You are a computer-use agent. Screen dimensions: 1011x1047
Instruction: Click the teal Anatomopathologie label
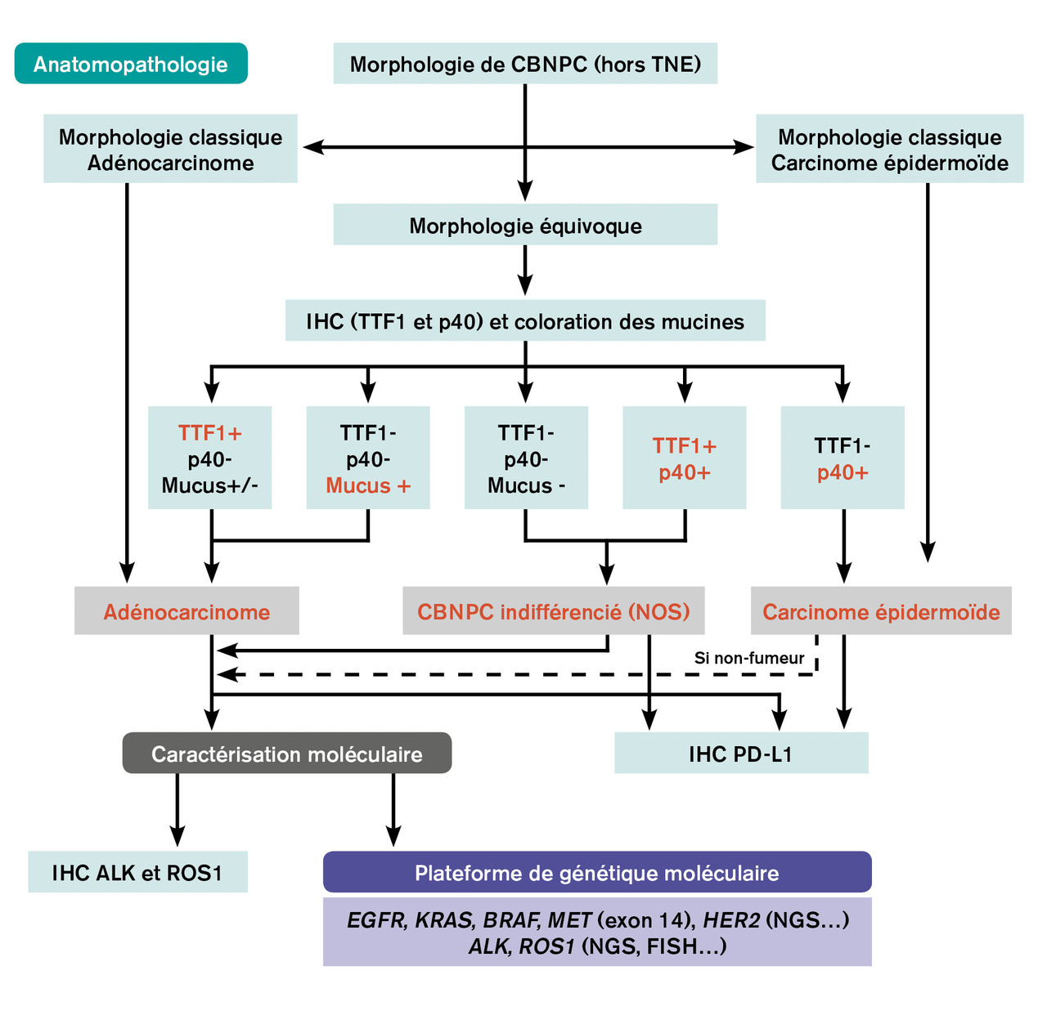(x=131, y=64)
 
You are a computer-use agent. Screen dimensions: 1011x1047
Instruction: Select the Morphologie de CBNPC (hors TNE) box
(x=525, y=64)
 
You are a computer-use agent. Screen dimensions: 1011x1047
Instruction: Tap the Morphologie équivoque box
(x=525, y=226)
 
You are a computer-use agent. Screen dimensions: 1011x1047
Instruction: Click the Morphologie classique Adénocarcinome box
(x=170, y=150)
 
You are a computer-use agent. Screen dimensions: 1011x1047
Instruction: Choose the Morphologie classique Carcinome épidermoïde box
(x=889, y=150)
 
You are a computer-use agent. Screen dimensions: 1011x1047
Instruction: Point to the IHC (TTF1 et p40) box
(x=525, y=321)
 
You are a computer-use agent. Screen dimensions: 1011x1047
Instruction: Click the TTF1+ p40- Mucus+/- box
(x=210, y=459)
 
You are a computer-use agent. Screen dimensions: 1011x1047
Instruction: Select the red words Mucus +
(x=368, y=485)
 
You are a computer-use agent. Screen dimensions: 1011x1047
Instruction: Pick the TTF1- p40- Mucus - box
(x=526, y=459)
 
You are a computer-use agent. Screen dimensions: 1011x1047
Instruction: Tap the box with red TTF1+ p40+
(x=685, y=459)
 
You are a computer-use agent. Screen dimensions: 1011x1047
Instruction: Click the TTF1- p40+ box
(x=843, y=459)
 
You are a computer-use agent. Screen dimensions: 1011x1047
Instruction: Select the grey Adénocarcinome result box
(x=186, y=611)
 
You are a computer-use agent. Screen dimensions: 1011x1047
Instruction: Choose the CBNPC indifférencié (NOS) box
(x=554, y=611)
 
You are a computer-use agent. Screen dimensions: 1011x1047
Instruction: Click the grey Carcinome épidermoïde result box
(x=881, y=611)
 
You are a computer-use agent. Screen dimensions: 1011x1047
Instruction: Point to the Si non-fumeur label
(x=749, y=658)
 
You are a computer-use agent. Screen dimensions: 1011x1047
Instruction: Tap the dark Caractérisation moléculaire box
(x=287, y=754)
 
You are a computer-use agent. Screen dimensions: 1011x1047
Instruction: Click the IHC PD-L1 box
(x=741, y=754)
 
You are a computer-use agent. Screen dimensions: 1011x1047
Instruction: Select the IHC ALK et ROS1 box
(x=137, y=873)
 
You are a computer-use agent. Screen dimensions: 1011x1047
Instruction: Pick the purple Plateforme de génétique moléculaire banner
(x=597, y=873)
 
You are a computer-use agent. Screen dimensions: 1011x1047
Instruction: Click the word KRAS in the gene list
(x=444, y=920)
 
